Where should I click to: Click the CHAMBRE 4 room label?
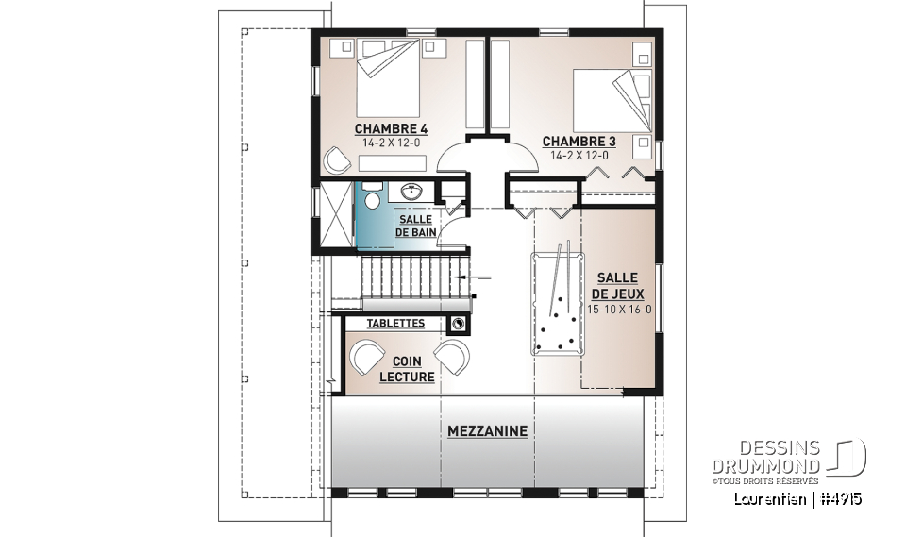[391, 128]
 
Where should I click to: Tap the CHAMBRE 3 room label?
[579, 142]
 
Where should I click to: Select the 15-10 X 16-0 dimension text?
[618, 309]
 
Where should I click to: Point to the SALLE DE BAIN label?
[415, 226]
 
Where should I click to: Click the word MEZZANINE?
[487, 431]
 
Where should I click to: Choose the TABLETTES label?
[395, 324]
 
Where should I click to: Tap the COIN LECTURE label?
[407, 369]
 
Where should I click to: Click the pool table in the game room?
[558, 303]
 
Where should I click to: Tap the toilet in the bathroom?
[372, 200]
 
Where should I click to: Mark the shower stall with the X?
[336, 213]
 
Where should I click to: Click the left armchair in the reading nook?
[364, 357]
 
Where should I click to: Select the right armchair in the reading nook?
[452, 358]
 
